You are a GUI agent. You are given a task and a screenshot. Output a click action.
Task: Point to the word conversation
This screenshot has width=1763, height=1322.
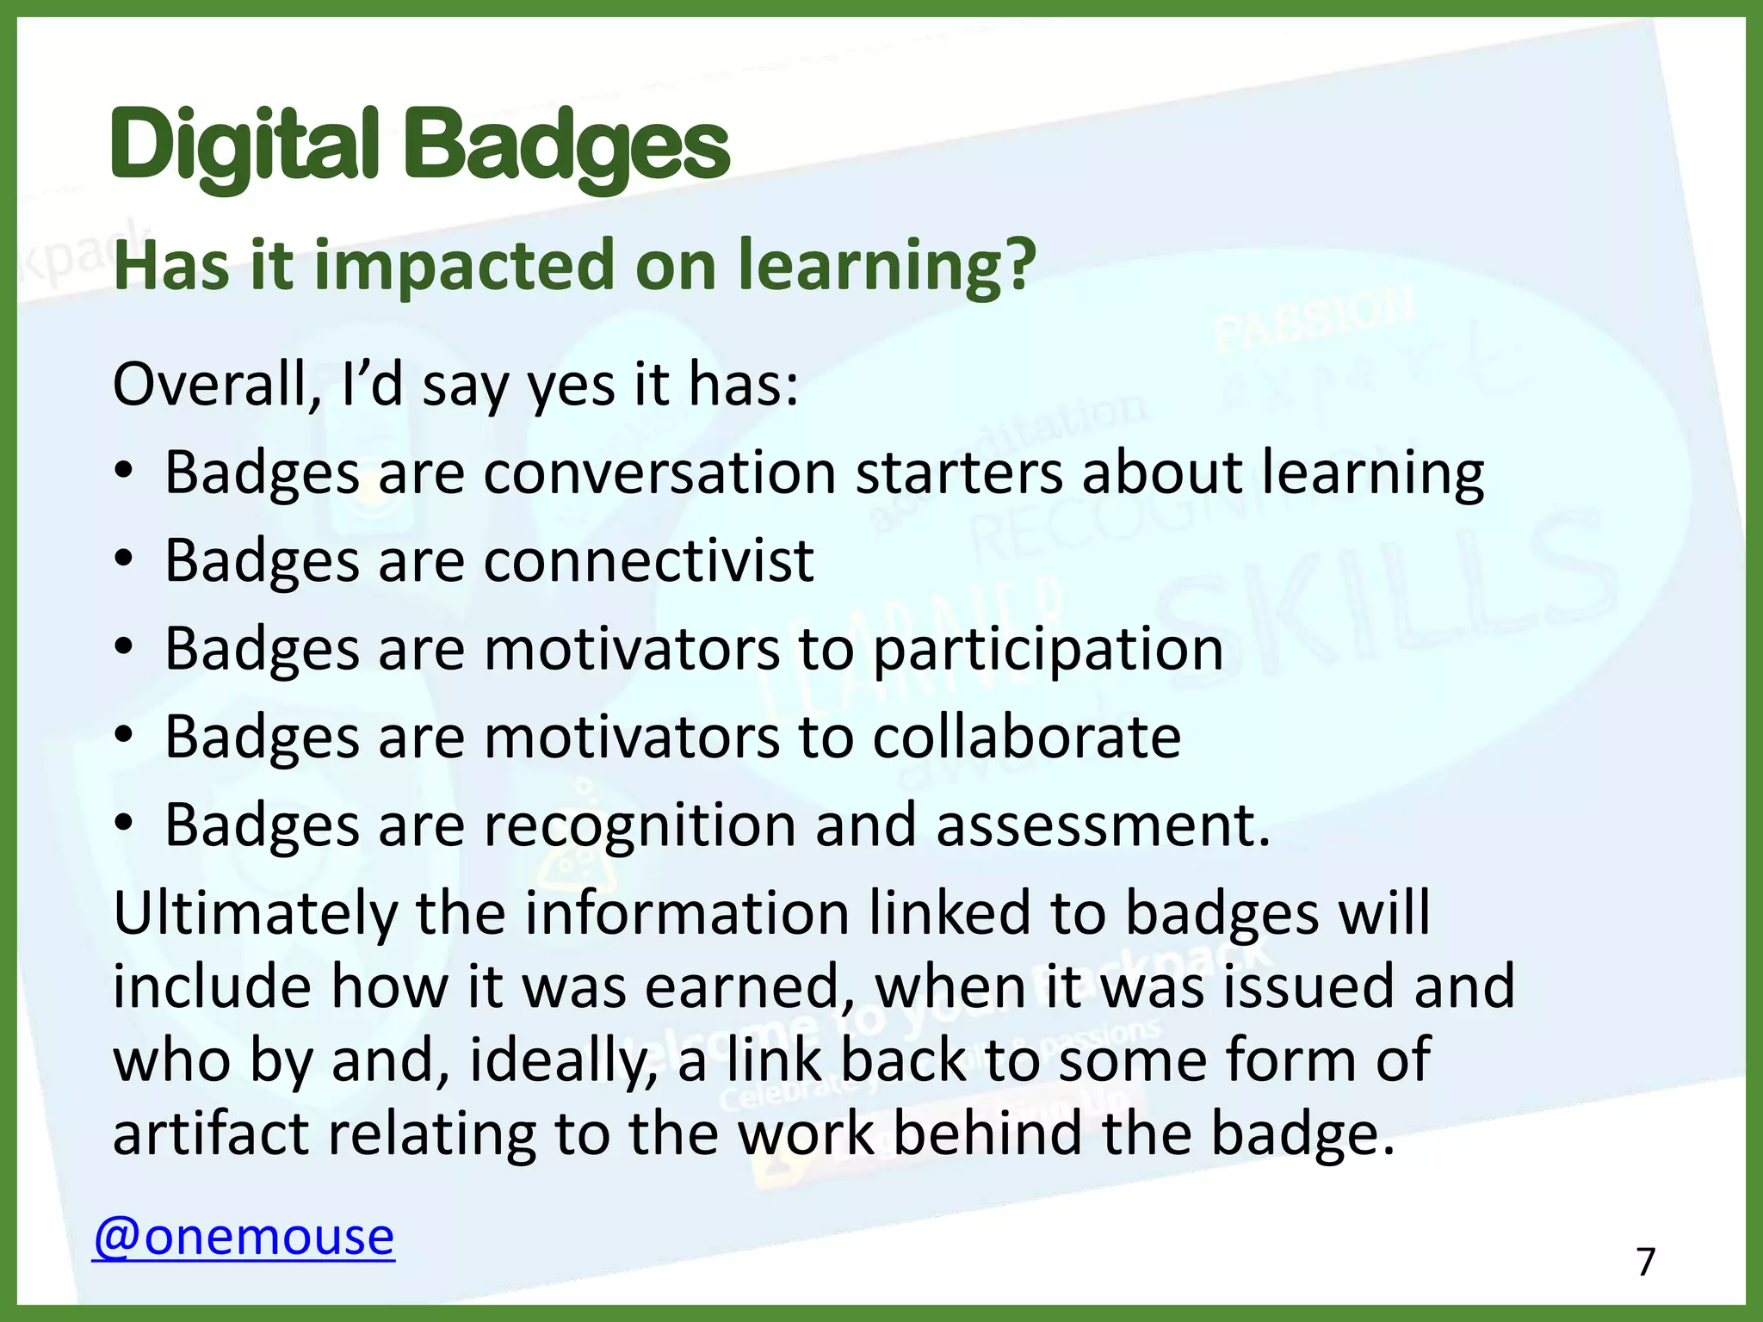click(x=659, y=473)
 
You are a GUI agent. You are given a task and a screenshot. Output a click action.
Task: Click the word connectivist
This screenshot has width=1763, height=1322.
click(x=648, y=561)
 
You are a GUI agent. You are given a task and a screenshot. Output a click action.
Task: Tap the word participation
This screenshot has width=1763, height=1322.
click(x=1048, y=650)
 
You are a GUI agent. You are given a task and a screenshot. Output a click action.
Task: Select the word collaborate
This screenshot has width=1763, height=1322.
click(x=1026, y=738)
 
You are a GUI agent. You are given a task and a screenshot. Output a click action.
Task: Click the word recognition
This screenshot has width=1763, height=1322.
click(x=640, y=825)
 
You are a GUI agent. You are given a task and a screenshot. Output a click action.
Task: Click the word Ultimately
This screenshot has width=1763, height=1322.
click(x=255, y=913)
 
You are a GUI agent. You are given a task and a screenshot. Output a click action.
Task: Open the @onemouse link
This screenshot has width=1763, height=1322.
click(x=244, y=1237)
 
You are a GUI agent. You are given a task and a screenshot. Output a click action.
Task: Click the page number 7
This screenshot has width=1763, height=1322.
click(x=1646, y=1263)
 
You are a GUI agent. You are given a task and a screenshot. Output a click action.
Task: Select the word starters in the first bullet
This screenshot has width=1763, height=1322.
click(x=959, y=473)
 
